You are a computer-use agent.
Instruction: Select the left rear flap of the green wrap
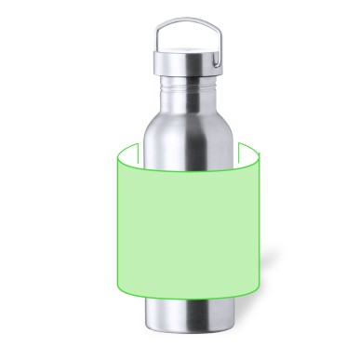point(132,151)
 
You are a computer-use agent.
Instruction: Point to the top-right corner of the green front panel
point(257,160)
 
